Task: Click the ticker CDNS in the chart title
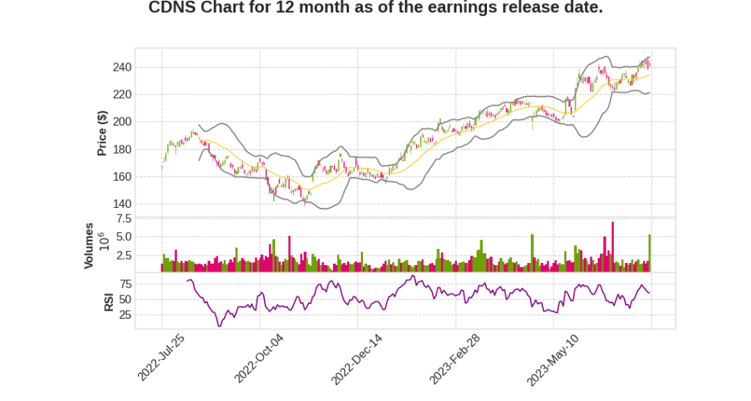click(170, 8)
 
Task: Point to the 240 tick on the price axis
click(122, 68)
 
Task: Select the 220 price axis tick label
click(122, 95)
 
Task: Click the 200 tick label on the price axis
click(122, 122)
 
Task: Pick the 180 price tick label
click(122, 150)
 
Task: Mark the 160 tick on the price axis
click(122, 177)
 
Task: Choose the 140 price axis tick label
click(122, 204)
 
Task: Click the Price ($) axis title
click(103, 133)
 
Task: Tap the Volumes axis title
click(89, 245)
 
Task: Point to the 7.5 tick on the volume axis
click(123, 219)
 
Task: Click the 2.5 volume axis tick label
click(123, 256)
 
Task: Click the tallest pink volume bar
click(612, 247)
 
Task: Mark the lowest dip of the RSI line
click(219, 325)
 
